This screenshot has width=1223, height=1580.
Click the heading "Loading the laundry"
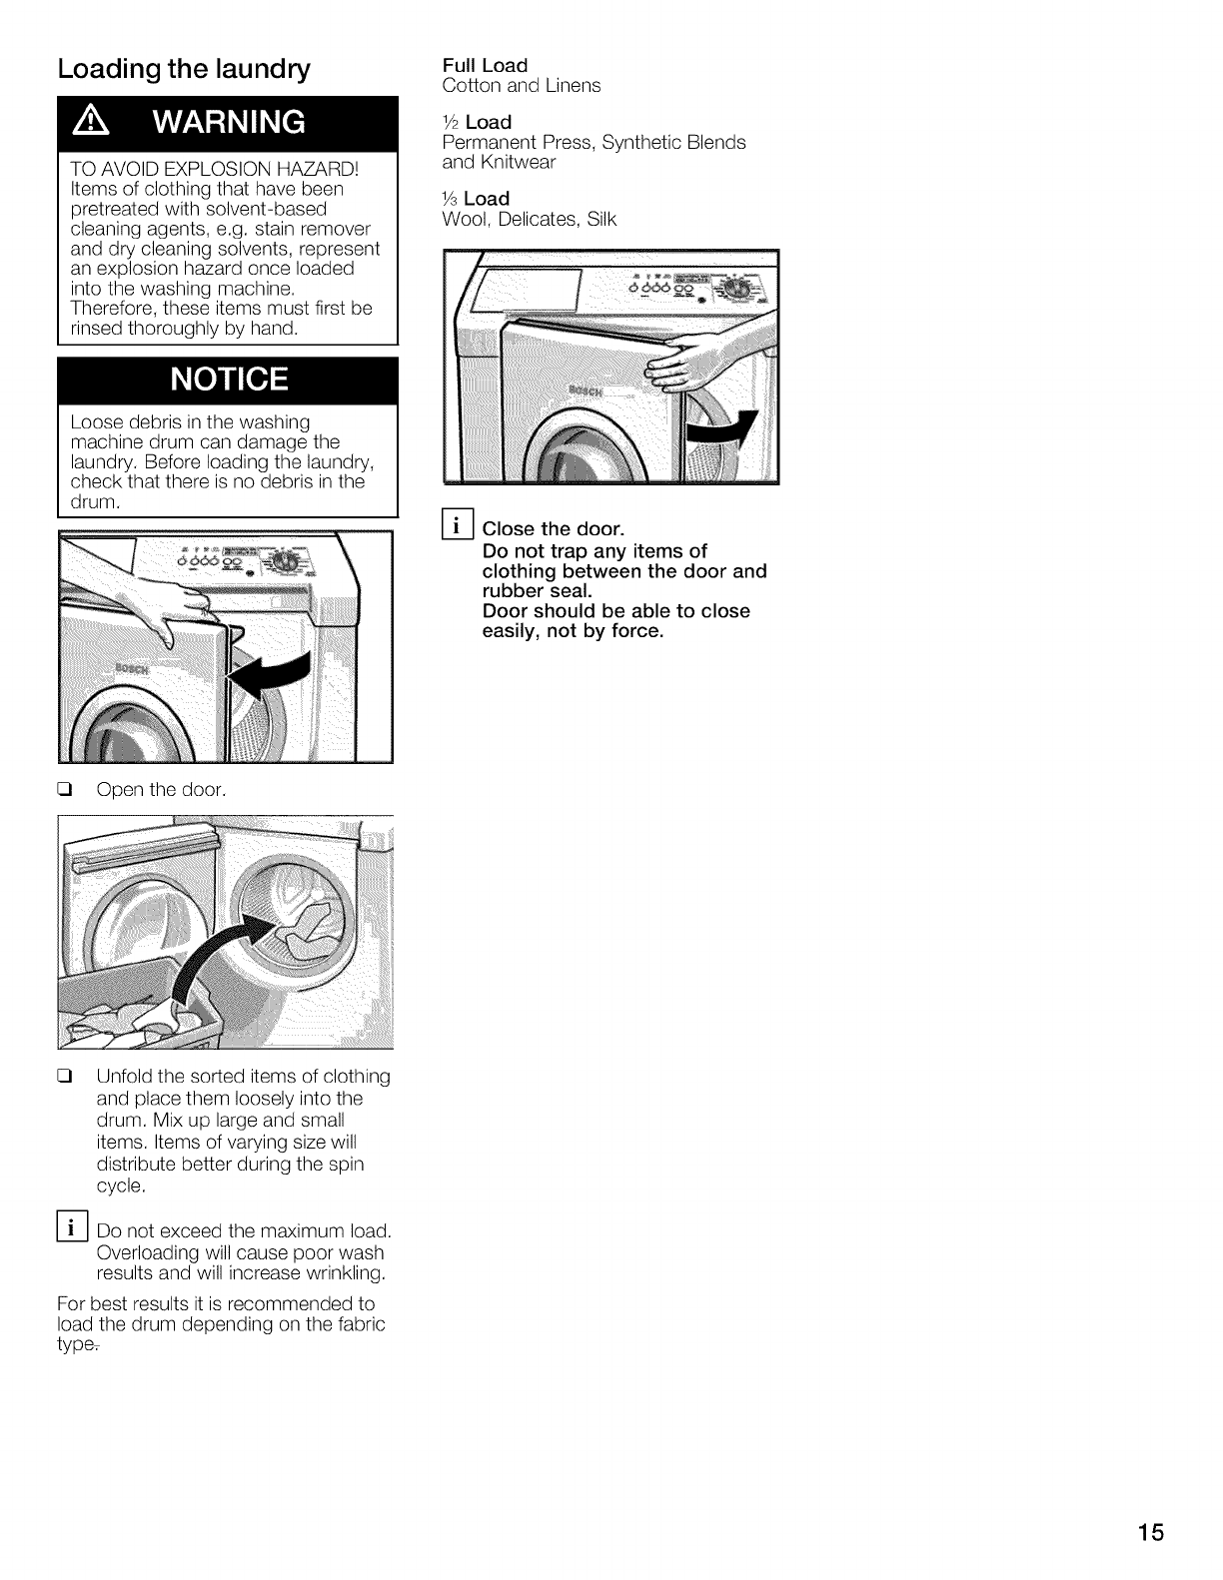pyautogui.click(x=185, y=70)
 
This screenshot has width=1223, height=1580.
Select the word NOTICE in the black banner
pyautogui.click(x=229, y=380)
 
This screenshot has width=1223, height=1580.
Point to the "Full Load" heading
pyautogui.click(x=485, y=66)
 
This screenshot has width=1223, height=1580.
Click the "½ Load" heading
pyautogui.click(x=477, y=122)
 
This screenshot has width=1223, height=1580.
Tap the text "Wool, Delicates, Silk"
pyautogui.click(x=529, y=219)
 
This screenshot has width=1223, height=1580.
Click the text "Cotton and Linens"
pyautogui.click(x=521, y=86)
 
